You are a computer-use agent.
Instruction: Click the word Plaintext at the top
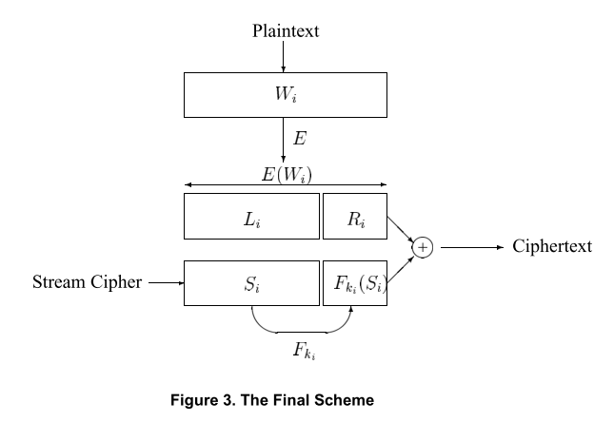tap(286, 31)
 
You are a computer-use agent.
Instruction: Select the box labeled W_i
tap(286, 95)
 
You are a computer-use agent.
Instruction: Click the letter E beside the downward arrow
tap(300, 139)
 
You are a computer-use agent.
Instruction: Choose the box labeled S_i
tap(252, 282)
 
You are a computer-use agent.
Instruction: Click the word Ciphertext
tap(552, 247)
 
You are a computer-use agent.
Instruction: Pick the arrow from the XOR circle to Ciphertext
tap(471, 247)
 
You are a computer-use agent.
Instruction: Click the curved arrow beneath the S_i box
tap(302, 329)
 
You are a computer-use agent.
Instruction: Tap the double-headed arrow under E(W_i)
tap(286, 185)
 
